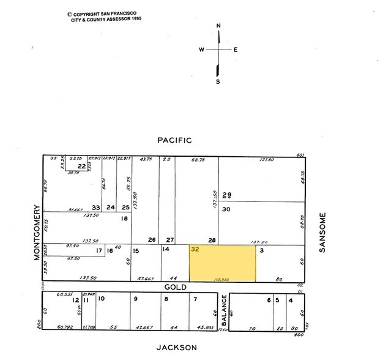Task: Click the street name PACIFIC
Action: click(174, 140)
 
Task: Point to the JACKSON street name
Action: click(176, 347)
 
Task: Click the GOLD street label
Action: click(174, 286)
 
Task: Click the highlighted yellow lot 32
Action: click(222, 263)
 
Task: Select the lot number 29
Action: click(227, 195)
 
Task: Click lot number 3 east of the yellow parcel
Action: click(261, 250)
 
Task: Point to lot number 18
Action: click(124, 219)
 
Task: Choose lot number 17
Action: click(99, 250)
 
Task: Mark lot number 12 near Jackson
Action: click(76, 300)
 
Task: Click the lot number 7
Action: click(195, 299)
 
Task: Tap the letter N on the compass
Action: click(218, 25)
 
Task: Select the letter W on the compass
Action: click(201, 50)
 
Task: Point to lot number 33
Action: click(95, 208)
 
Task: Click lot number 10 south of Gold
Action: click(102, 299)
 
